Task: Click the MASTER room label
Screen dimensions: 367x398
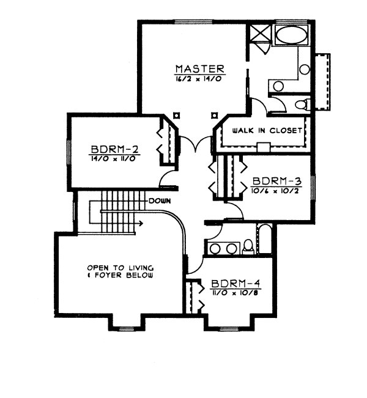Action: (200, 69)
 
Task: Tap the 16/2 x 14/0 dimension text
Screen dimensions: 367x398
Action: (199, 79)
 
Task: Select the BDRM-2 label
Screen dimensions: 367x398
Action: (115, 149)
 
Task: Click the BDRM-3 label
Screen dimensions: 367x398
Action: (277, 181)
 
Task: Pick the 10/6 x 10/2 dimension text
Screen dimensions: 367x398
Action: (275, 191)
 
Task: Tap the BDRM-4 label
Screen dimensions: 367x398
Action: (236, 284)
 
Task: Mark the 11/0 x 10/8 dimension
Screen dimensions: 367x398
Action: (234, 293)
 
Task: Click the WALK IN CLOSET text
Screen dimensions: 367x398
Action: (267, 131)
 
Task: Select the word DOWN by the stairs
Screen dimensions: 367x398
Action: (160, 201)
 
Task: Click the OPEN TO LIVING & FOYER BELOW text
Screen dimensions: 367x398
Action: (120, 271)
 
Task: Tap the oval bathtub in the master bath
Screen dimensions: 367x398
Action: (291, 35)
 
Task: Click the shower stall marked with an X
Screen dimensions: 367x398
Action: (260, 32)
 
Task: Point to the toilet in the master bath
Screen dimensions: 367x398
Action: (303, 105)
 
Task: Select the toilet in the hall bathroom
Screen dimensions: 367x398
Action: (248, 247)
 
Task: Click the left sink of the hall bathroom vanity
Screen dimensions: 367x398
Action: (215, 249)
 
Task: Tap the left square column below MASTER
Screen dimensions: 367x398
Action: (176, 116)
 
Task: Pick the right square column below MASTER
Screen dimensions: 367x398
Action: (215, 116)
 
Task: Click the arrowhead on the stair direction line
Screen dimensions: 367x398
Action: (141, 223)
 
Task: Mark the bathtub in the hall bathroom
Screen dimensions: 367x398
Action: (265, 239)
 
